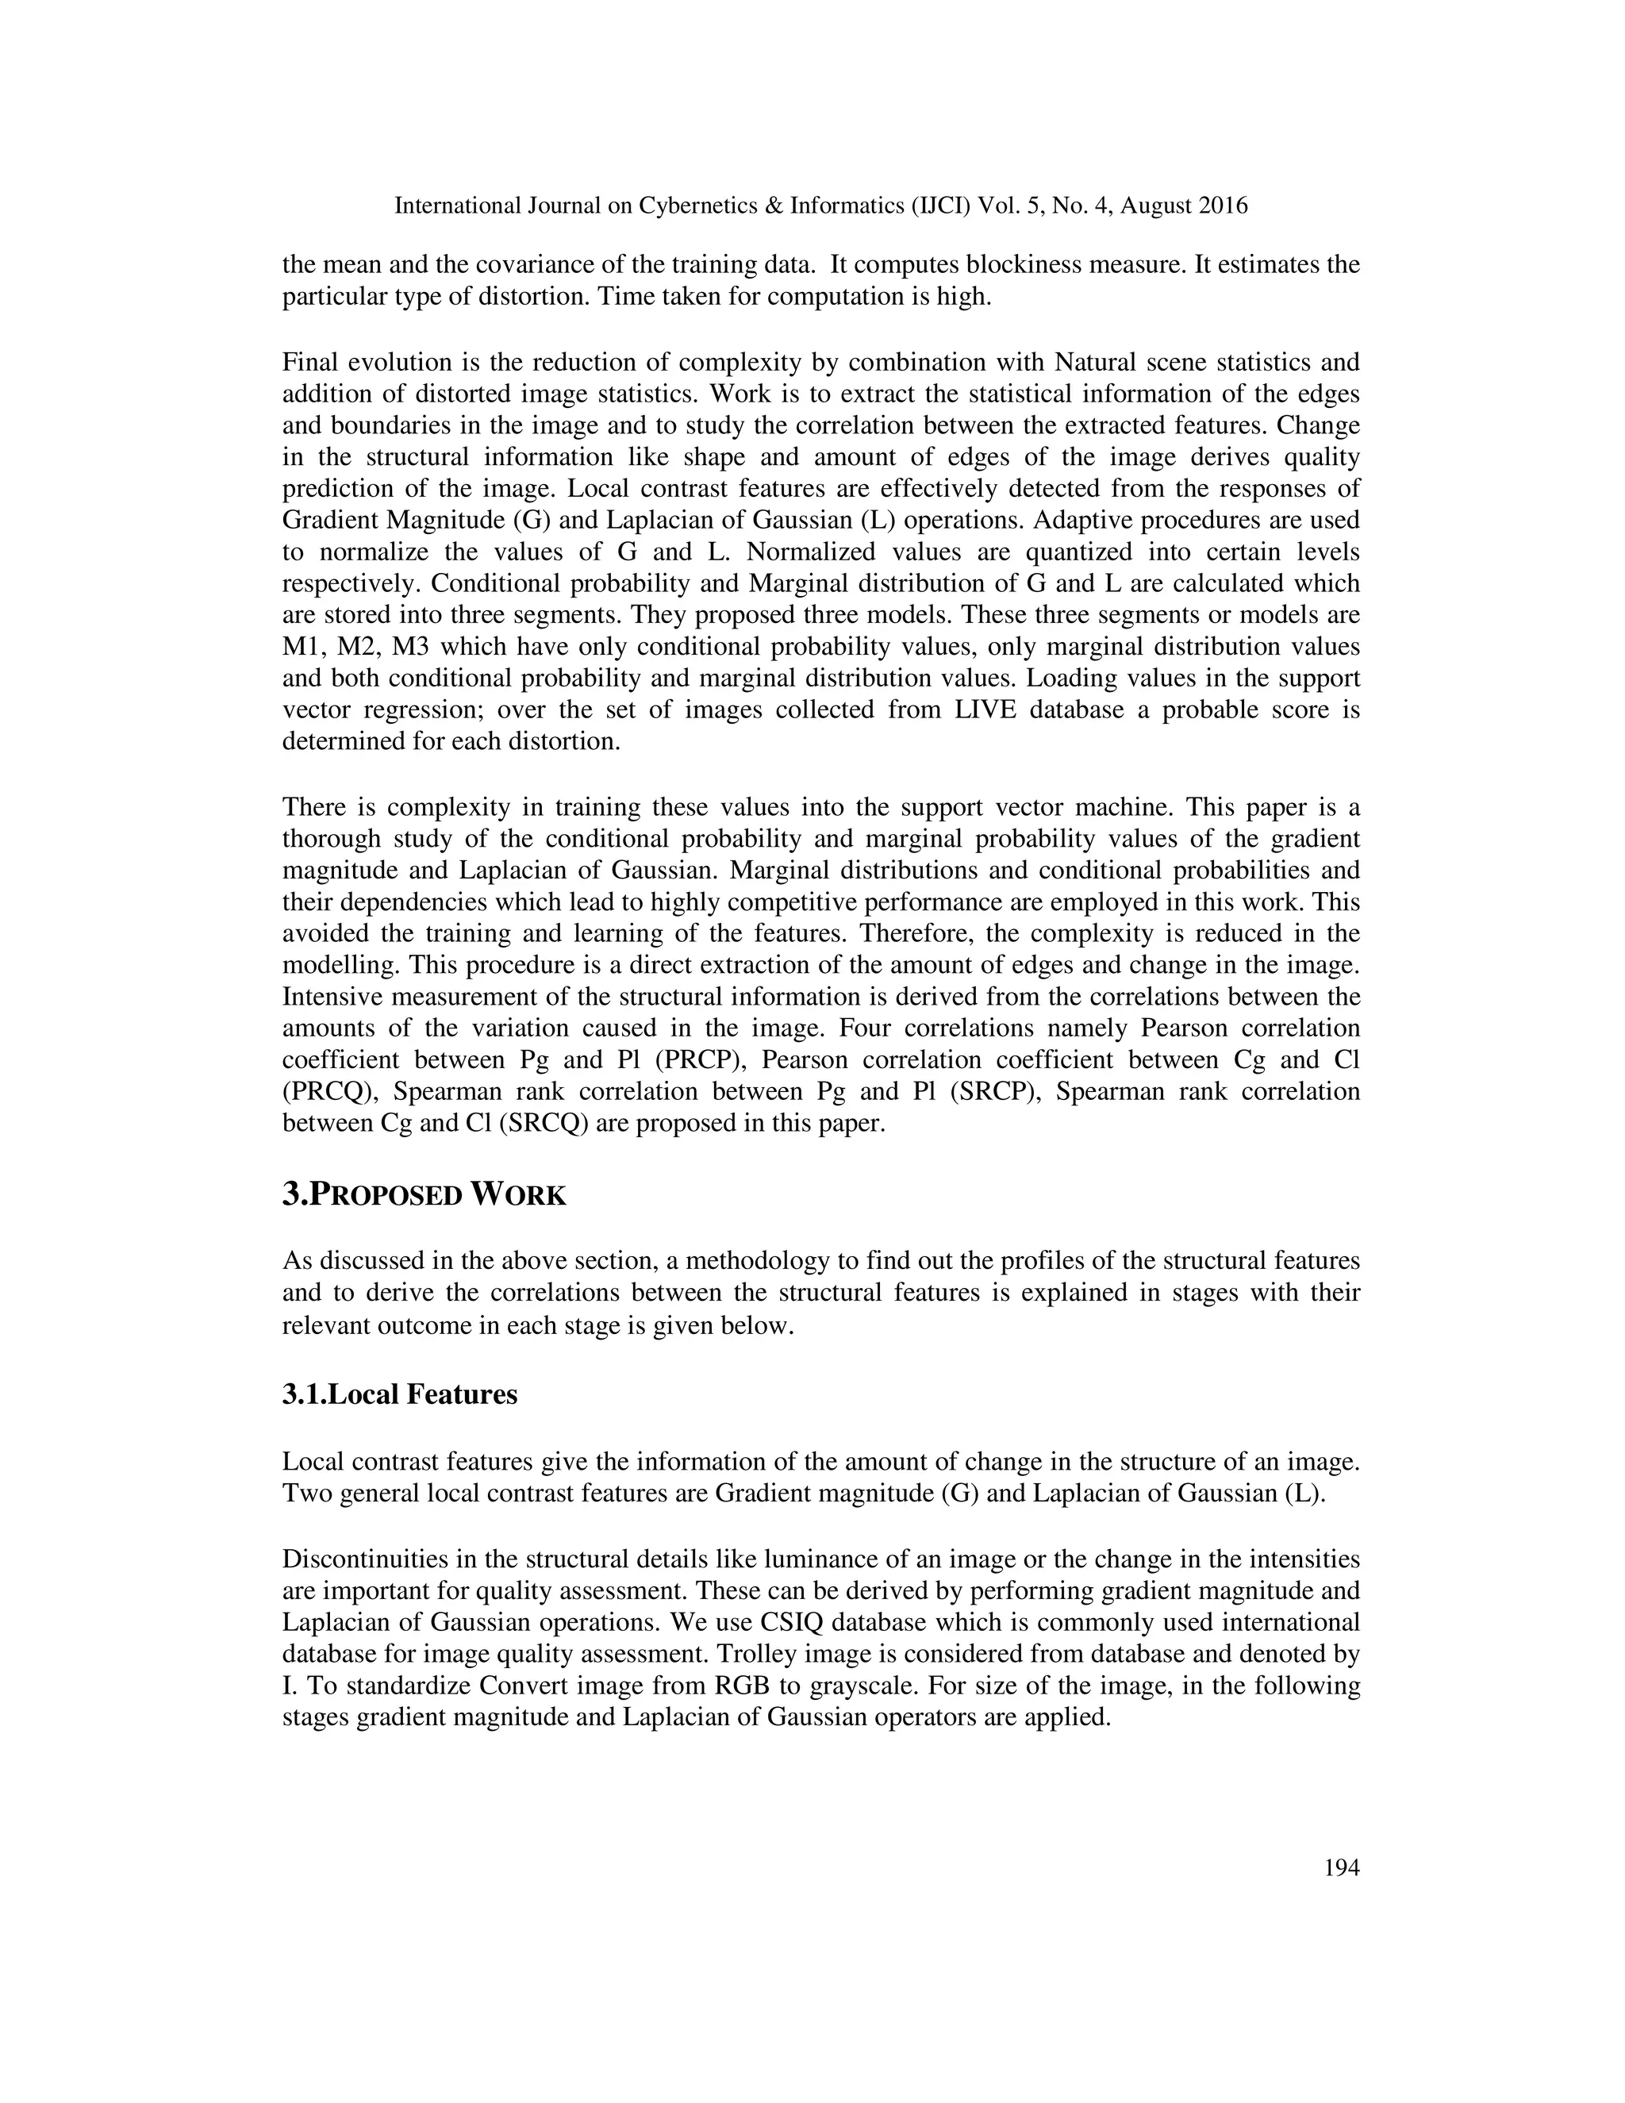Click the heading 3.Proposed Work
point(424,1195)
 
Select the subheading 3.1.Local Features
point(400,1394)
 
